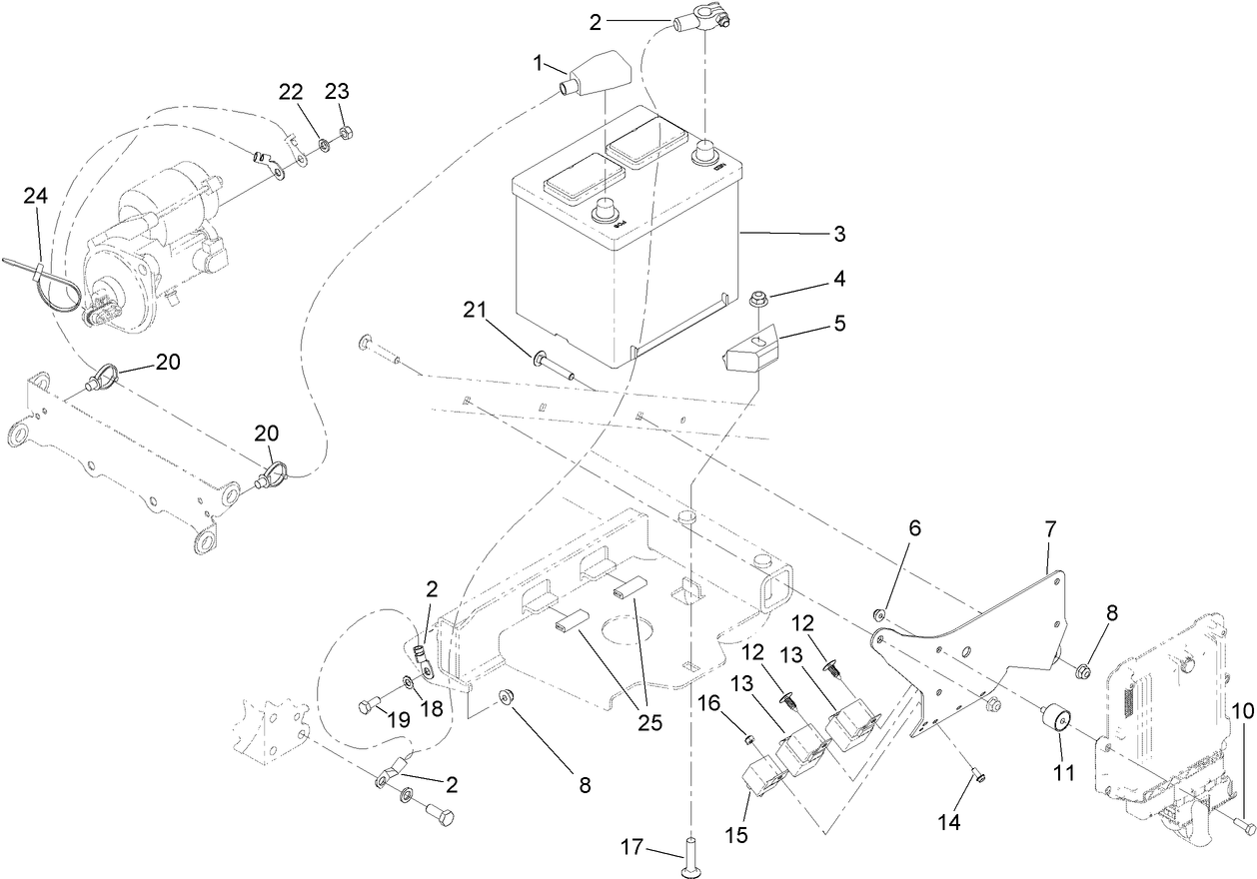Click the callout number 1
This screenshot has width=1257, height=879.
tap(539, 63)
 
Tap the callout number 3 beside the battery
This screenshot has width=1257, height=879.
tap(839, 235)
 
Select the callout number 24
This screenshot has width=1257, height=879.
tap(36, 198)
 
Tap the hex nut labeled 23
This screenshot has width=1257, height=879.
tap(344, 134)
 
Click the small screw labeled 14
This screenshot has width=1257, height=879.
tap(977, 776)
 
